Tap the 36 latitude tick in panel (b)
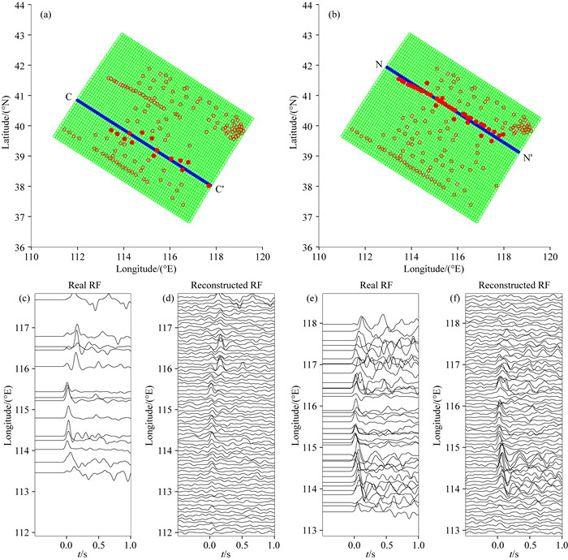pos(309,248)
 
